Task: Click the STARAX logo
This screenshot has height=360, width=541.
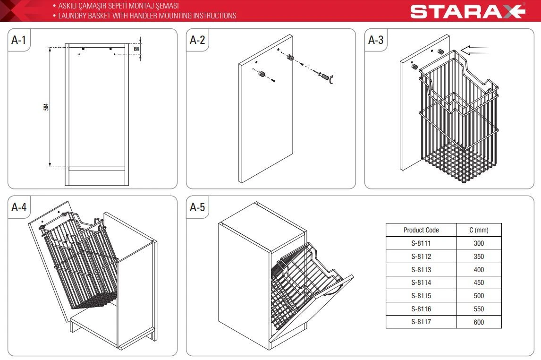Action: pyautogui.click(x=467, y=11)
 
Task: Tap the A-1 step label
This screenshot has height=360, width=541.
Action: pyautogui.click(x=18, y=40)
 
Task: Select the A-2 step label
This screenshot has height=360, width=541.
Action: pyautogui.click(x=197, y=40)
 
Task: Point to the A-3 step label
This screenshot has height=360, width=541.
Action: pyautogui.click(x=376, y=40)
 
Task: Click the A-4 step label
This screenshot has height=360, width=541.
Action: pyautogui.click(x=18, y=207)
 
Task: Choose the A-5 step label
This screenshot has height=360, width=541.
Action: pyautogui.click(x=197, y=207)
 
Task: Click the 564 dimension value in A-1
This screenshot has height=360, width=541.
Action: pyautogui.click(x=46, y=107)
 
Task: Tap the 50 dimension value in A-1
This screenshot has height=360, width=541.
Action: pyautogui.click(x=136, y=49)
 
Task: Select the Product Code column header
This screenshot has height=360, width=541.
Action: pyautogui.click(x=421, y=230)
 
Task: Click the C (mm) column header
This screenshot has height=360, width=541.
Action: pyautogui.click(x=479, y=230)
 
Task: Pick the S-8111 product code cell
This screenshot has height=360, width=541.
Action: pyautogui.click(x=421, y=243)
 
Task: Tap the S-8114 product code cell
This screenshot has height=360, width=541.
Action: pyautogui.click(x=421, y=283)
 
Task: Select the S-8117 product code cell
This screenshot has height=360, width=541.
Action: pyautogui.click(x=421, y=322)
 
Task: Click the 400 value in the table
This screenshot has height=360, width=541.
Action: pyautogui.click(x=479, y=270)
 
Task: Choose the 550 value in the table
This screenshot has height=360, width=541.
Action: pyautogui.click(x=479, y=309)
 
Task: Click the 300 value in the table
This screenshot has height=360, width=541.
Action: pyautogui.click(x=479, y=243)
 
